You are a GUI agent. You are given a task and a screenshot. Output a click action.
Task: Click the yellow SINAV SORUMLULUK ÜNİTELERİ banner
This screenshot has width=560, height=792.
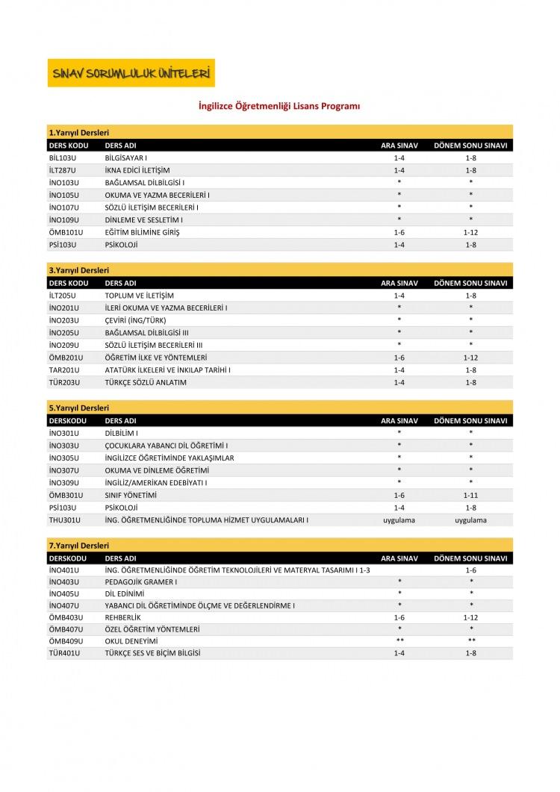point(131,73)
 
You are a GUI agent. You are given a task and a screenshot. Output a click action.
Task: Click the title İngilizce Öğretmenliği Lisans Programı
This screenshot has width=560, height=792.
point(279,107)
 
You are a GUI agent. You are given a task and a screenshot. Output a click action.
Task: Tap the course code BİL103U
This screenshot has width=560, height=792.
point(63,158)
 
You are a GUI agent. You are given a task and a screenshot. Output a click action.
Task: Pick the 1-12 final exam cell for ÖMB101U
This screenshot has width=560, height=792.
point(470,231)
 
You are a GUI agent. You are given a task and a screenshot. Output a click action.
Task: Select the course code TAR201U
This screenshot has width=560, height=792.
point(64,370)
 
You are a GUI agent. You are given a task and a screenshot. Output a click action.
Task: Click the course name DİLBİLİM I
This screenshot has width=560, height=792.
point(122,433)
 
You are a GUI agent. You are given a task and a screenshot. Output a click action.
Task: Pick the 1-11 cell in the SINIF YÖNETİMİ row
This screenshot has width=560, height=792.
point(470,495)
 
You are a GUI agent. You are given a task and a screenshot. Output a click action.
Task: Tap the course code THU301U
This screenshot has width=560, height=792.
point(64,520)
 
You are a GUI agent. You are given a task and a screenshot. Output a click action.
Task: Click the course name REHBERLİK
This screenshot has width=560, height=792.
point(123,617)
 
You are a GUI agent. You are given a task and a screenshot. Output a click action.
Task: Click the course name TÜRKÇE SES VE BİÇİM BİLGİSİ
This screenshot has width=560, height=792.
point(153,653)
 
